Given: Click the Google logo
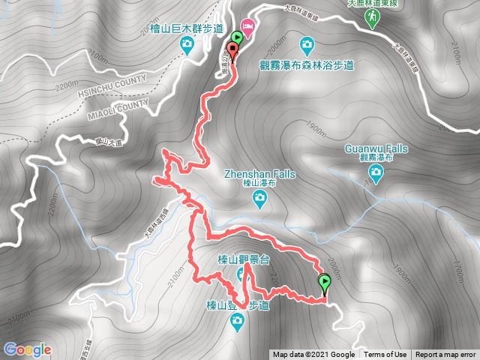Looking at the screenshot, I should click(27, 349).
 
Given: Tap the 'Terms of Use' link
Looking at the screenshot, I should click(385, 355).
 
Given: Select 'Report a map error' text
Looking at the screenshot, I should click(445, 355).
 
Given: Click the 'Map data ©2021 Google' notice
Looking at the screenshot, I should click(313, 355).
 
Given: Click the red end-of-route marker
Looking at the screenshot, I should click(232, 51).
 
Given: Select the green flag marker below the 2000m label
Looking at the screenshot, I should click(325, 283).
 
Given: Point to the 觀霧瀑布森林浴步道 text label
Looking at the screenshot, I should click(306, 64).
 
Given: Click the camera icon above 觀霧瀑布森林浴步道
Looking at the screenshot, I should click(306, 44).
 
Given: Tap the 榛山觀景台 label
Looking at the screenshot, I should click(233, 259).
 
